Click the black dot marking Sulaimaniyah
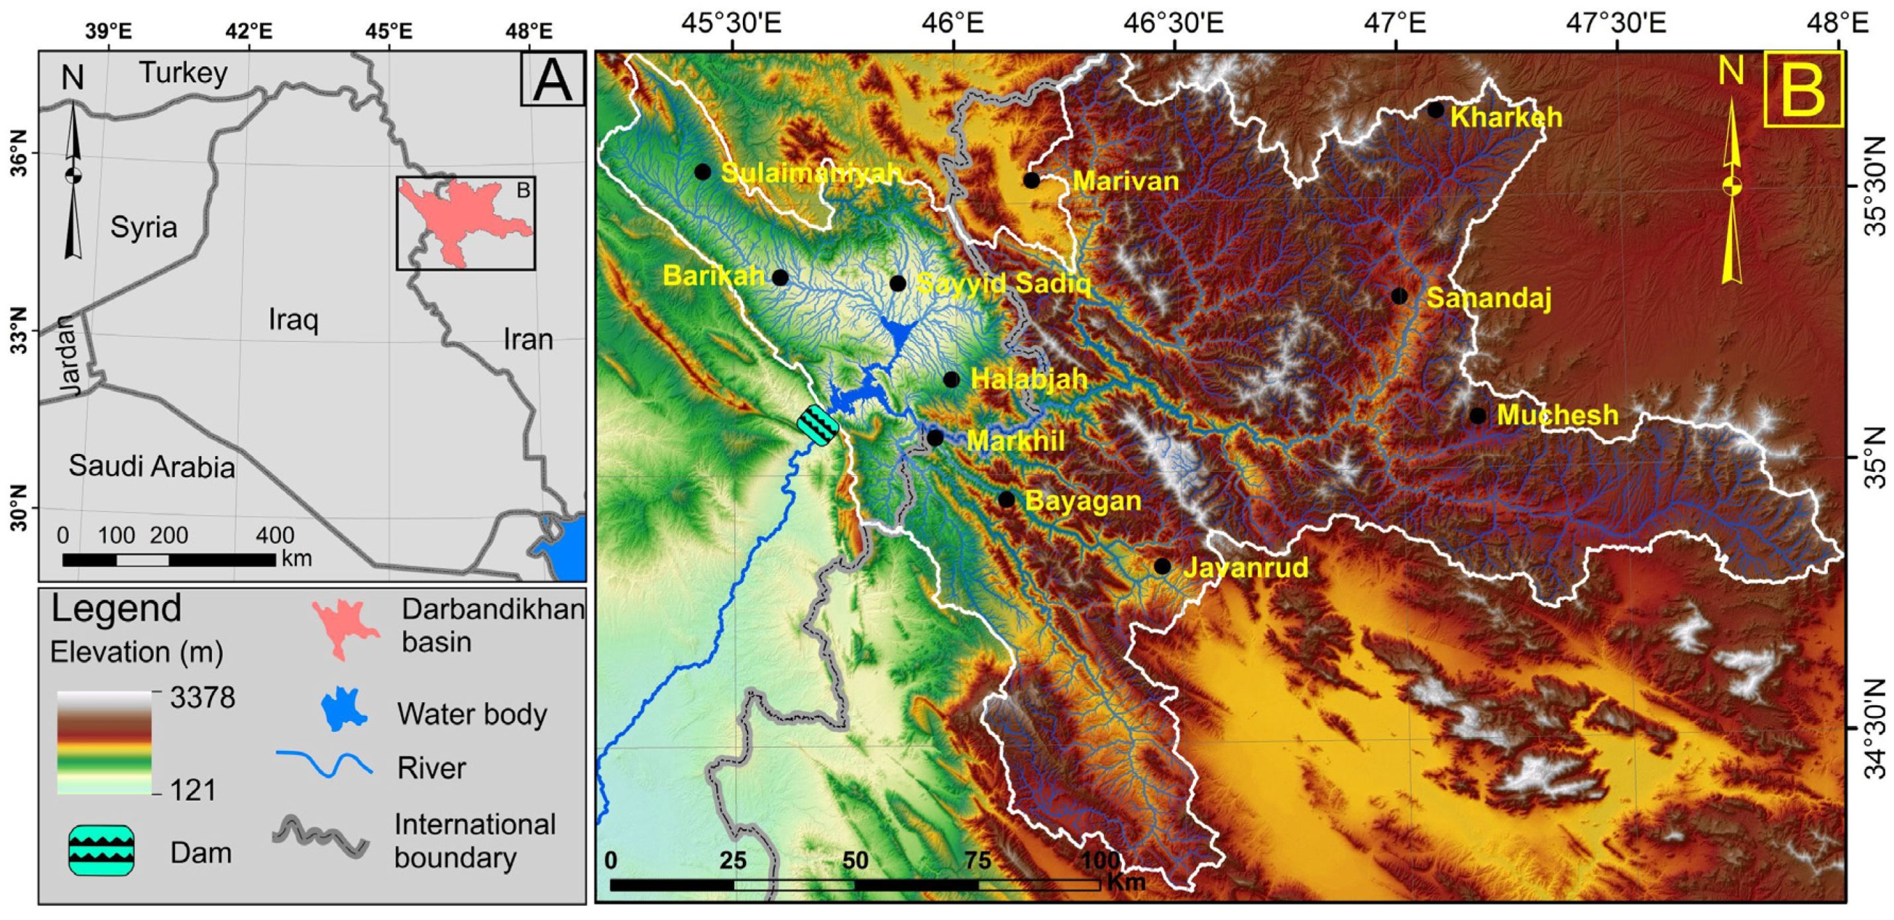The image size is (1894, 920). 703,172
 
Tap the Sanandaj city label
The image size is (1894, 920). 1489,298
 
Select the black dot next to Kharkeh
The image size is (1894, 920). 1436,110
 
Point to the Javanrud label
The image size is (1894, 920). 1245,567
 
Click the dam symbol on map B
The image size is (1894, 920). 818,425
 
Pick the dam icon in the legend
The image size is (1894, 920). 101,851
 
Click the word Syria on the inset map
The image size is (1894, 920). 143,227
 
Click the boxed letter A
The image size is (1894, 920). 552,79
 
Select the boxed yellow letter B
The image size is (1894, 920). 1804,89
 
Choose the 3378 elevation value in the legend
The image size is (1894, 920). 202,697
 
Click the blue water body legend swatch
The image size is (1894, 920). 344,710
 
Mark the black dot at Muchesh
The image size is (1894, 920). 1478,416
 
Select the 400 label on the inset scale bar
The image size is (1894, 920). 275,535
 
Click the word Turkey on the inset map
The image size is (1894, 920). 184,72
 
